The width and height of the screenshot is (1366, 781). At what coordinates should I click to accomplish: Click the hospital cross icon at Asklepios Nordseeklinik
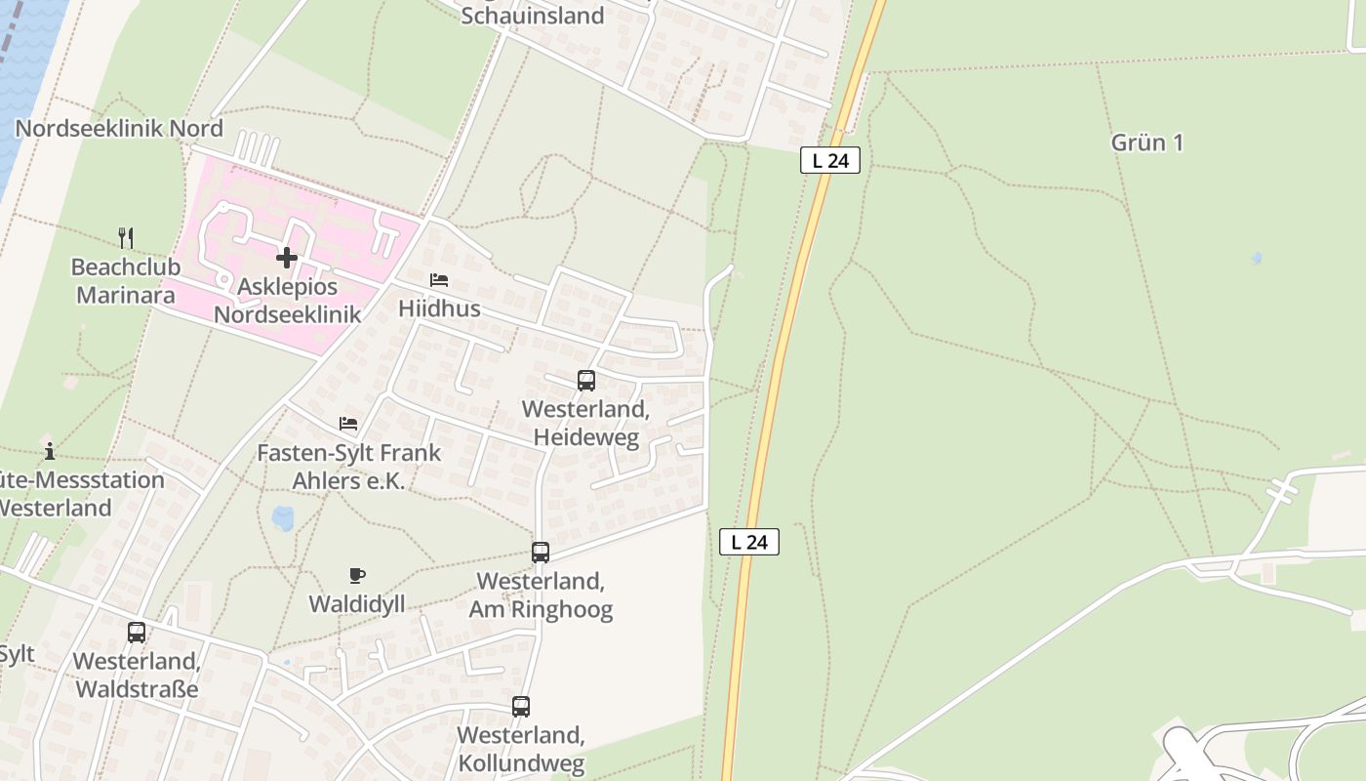click(x=286, y=258)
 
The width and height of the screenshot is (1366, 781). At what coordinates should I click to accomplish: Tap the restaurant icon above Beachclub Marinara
click(x=126, y=237)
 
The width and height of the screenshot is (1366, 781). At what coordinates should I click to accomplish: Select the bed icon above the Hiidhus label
click(x=439, y=280)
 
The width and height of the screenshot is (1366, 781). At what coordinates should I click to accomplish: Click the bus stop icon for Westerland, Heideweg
click(x=585, y=381)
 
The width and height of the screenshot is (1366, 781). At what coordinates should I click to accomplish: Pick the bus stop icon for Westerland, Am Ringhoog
click(x=541, y=553)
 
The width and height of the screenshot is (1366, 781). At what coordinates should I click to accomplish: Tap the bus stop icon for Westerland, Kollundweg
click(x=521, y=707)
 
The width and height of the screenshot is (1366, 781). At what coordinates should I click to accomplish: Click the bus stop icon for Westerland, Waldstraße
click(x=137, y=633)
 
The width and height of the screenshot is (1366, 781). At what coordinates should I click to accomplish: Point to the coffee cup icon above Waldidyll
click(x=357, y=576)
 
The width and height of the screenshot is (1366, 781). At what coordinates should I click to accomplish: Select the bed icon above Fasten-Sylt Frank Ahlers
click(x=348, y=424)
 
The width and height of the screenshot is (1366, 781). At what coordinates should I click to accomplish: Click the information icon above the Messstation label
click(x=50, y=451)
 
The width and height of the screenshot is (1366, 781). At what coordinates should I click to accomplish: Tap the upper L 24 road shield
click(x=830, y=160)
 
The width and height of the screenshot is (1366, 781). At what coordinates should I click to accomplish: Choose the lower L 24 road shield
click(x=749, y=542)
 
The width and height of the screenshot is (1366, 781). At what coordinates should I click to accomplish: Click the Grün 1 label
click(x=1147, y=143)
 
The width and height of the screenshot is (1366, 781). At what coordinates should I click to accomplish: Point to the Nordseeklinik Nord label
click(x=119, y=129)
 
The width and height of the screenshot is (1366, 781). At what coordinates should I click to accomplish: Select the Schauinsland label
click(x=533, y=16)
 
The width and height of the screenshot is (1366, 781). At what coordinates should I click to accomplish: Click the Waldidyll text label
click(x=357, y=604)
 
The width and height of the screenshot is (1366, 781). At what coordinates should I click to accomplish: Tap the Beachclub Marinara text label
click(x=126, y=281)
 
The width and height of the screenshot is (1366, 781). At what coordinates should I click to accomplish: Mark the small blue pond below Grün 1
click(x=1256, y=259)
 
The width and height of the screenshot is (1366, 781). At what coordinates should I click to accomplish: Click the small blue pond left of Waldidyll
click(x=283, y=517)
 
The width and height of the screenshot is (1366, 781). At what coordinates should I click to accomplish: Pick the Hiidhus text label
click(x=439, y=308)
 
